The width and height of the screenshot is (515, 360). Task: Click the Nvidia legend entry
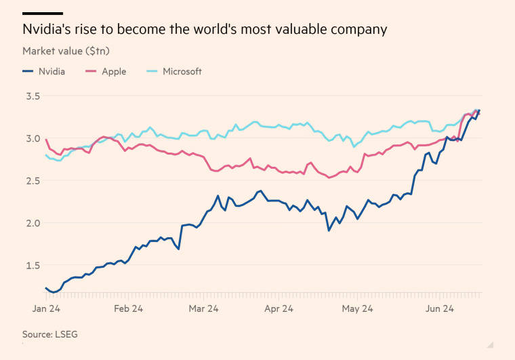[x=43, y=71]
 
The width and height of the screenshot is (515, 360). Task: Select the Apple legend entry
[x=106, y=71]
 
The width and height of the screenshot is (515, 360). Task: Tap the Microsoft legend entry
[x=174, y=71]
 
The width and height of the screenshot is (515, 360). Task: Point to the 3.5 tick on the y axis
[x=33, y=96]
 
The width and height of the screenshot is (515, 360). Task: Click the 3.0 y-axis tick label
[x=33, y=138]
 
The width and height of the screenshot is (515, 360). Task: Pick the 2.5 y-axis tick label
[x=33, y=180]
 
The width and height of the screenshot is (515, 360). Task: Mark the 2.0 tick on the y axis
[x=33, y=223]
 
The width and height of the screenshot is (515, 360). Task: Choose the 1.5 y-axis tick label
[x=33, y=265]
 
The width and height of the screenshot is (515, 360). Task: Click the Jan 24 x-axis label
[x=46, y=308]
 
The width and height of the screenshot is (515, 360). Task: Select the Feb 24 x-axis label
[x=129, y=308]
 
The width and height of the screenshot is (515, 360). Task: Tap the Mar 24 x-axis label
[x=204, y=308]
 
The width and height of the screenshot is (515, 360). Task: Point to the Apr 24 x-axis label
[x=279, y=308]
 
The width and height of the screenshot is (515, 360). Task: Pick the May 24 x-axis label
[x=357, y=308]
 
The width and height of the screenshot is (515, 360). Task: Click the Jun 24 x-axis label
[x=440, y=308]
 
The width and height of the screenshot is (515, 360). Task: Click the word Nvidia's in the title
[x=47, y=29]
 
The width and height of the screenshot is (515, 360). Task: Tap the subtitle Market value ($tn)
[x=66, y=51]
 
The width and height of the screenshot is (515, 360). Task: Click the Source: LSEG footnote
[x=50, y=334]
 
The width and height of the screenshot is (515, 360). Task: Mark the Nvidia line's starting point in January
[x=46, y=288]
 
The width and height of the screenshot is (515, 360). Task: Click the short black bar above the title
[x=43, y=14]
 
